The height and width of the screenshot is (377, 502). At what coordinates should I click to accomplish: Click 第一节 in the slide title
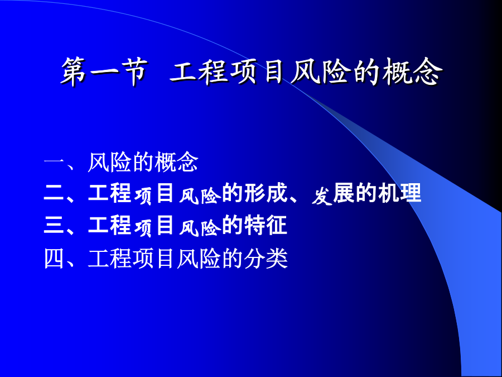pyautogui.click(x=104, y=72)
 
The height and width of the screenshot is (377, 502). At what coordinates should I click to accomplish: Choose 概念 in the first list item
pyautogui.click(x=176, y=162)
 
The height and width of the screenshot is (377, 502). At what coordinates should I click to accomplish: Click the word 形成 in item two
pyautogui.click(x=266, y=193)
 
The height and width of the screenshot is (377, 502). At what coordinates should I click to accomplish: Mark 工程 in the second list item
pyautogui.click(x=109, y=193)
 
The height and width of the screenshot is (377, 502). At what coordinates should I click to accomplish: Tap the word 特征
pyautogui.click(x=266, y=225)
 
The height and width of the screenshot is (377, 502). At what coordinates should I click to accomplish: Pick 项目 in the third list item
pyautogui.click(x=155, y=226)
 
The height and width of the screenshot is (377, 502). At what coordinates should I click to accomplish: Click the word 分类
pyautogui.click(x=266, y=259)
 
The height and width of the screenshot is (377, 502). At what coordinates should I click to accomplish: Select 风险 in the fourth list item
pyautogui.click(x=199, y=259)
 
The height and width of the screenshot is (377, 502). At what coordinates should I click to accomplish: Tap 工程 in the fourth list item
pyautogui.click(x=109, y=259)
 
